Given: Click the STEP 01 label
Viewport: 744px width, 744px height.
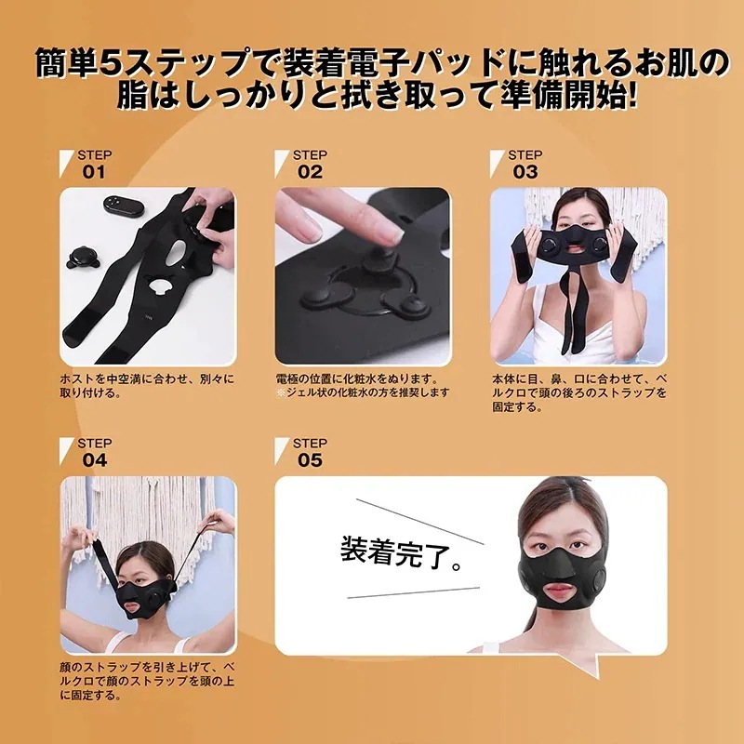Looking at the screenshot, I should [x=93, y=164].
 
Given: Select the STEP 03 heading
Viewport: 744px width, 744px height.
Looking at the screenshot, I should [x=525, y=164].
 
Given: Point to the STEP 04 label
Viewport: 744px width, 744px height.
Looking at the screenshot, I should [x=93, y=452].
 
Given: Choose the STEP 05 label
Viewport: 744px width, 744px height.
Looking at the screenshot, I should [x=310, y=452].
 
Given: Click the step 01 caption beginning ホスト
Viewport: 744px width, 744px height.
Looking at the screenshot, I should [x=149, y=386].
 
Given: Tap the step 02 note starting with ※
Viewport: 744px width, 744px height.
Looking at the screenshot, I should [x=363, y=392].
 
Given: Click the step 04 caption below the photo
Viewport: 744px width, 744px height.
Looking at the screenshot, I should [x=149, y=681].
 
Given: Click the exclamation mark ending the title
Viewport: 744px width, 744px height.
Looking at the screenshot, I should [x=632, y=98].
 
